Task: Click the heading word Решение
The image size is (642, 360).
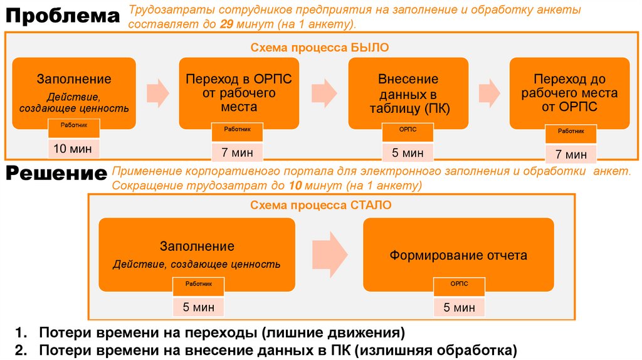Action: point(56,174)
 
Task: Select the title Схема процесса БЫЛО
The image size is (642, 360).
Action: point(320,47)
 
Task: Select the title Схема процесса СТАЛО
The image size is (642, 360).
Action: point(321,205)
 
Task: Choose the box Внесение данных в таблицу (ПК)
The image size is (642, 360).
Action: point(408,93)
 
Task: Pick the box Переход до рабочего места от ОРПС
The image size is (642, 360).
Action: point(569,93)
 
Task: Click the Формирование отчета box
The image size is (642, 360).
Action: point(458,255)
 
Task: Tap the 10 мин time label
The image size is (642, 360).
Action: point(73,149)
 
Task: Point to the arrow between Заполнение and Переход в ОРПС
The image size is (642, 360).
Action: point(157,93)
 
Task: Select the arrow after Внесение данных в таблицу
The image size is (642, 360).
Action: point(489,93)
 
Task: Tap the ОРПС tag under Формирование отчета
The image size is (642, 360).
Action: point(460,284)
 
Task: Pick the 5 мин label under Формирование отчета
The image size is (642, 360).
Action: point(460,307)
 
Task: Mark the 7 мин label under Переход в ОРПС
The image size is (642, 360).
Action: point(237,152)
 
